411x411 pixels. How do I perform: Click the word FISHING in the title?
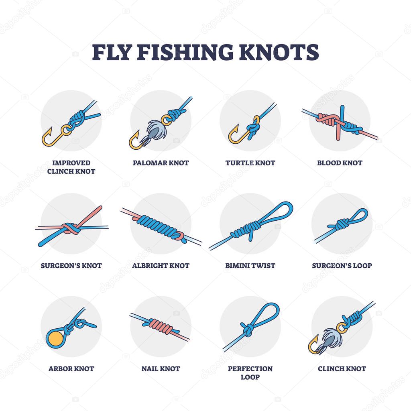(184, 52)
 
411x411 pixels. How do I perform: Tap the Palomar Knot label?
(161, 163)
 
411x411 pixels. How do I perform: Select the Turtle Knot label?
(250, 163)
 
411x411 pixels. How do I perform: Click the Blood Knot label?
(340, 163)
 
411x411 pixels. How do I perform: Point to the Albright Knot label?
(161, 266)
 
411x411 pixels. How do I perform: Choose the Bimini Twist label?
(250, 266)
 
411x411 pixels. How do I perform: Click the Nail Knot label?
(161, 368)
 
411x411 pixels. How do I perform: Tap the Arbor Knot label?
(71, 368)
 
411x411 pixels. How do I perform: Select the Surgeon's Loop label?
(342, 266)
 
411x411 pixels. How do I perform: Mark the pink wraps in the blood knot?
(325, 118)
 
